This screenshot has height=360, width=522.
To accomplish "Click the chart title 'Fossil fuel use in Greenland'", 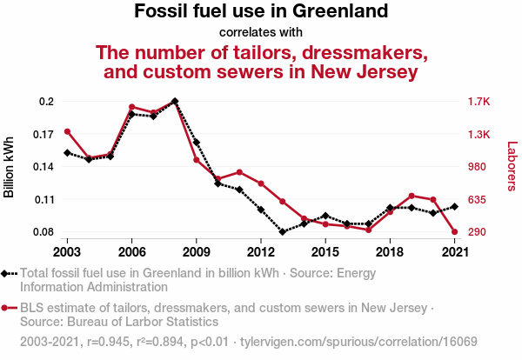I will point(261,12).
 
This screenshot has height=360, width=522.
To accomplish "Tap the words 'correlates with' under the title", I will point(261,33).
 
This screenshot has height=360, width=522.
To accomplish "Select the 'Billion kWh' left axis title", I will point(10,166).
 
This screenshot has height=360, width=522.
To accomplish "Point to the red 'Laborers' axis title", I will point(512,167).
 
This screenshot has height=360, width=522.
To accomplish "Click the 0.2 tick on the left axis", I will point(47,101).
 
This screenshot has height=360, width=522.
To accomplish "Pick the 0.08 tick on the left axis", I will point(43,232).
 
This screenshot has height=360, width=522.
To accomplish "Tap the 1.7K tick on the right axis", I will point(480,101).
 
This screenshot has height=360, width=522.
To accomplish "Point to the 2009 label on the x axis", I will point(196,251).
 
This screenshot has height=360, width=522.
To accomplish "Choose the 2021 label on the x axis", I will point(453,251).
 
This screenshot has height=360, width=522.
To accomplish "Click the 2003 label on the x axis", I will point(67,251).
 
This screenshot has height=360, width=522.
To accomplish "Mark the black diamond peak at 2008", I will point(175,101).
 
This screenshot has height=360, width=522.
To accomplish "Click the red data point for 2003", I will point(67,131).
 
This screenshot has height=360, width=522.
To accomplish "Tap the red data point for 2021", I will point(454,232).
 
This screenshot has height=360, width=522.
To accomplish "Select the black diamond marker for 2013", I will point(283,232).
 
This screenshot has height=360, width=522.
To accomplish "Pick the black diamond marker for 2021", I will point(454,206).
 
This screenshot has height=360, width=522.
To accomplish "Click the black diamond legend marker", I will point(6,273).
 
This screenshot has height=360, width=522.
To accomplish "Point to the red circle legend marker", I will point(6,308).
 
